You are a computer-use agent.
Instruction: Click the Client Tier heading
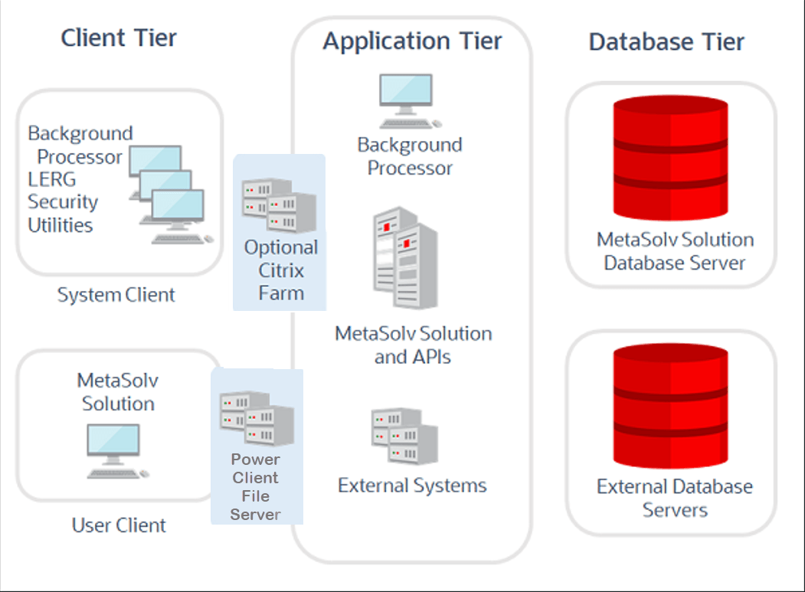pos(119,38)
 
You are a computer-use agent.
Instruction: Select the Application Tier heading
pos(412,41)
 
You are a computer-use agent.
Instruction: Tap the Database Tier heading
pos(666,42)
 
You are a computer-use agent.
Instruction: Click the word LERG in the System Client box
pos(52,179)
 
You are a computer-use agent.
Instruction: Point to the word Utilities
pos(60,225)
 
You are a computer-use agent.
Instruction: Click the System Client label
pos(116,295)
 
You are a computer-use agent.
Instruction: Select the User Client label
pos(119,525)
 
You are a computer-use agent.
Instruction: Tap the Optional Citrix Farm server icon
pos(280,205)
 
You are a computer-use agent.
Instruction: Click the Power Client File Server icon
pos(257,418)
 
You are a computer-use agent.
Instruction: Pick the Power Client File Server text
pos(256,486)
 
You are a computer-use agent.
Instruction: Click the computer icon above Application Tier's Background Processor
pos(409,101)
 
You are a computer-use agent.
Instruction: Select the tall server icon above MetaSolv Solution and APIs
pos(406,258)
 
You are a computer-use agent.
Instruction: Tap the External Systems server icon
pos(404,436)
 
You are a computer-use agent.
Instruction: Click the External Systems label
pos(412,486)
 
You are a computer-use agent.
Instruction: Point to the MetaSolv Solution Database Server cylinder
pos(670,158)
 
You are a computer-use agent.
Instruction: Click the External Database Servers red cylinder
pos(670,406)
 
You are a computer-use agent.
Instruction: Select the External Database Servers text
pos(675,498)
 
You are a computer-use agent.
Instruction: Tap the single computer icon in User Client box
pos(117,451)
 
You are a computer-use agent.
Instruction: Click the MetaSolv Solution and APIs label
pos(414,345)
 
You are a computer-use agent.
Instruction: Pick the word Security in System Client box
pos(63,202)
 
